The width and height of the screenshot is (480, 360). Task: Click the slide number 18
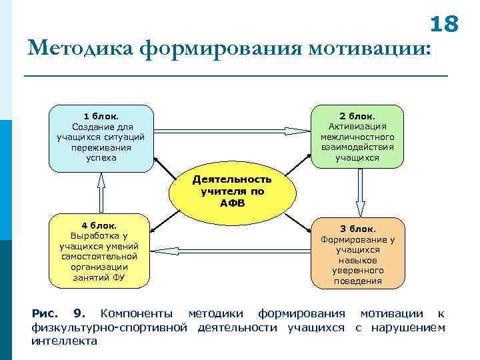point(444,24)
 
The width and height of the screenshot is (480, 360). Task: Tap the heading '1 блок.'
point(101,116)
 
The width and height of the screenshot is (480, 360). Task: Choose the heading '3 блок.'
point(357,229)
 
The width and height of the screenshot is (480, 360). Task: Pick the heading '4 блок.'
point(99,225)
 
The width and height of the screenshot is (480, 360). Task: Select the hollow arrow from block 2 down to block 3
point(360,191)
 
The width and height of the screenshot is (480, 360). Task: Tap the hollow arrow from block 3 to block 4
point(231,250)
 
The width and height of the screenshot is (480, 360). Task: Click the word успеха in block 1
point(101,158)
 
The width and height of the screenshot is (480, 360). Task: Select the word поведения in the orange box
point(357,281)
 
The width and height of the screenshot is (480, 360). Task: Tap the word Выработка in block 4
point(99,235)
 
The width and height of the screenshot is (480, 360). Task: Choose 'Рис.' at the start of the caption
point(45,313)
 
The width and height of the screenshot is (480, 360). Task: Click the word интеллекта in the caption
point(64,341)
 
